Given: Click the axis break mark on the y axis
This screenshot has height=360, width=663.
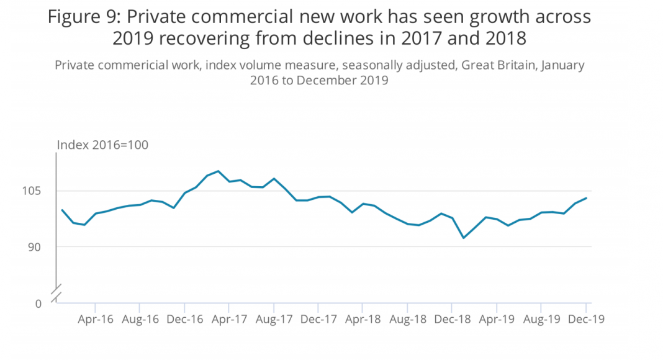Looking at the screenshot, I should pos(56,291).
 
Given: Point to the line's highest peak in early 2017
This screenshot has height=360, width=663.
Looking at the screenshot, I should pos(218,171).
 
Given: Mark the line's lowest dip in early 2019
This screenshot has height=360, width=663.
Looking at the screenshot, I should pos(463,238).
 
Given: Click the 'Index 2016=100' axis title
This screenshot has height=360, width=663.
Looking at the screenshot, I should pos(102,145).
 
